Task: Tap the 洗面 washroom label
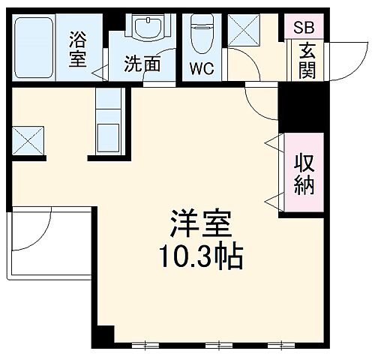pos(142,64)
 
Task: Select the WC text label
pos(200,70)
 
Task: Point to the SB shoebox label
pos(304,28)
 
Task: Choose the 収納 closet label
pos(303,174)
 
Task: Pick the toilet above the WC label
pos(201,34)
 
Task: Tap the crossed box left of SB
pos(243,31)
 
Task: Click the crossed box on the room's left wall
pos(28,139)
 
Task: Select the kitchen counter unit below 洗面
pos(109,123)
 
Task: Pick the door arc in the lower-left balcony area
pos(35,233)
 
